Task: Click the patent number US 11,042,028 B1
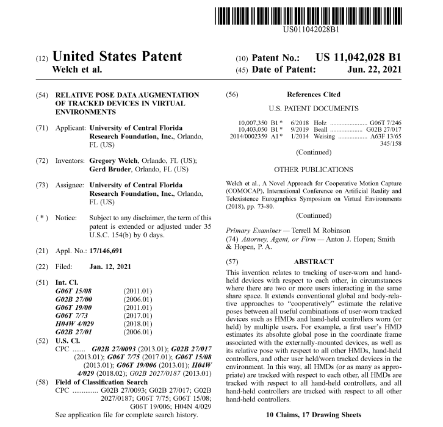[358, 57]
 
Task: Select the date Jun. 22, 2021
[375, 70]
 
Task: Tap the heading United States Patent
[117, 57]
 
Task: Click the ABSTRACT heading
[314, 261]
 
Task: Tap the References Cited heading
[313, 95]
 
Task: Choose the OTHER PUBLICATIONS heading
[314, 168]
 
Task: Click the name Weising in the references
[323, 138]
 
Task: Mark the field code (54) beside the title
[42, 95]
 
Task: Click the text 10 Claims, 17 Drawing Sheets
[314, 414]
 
